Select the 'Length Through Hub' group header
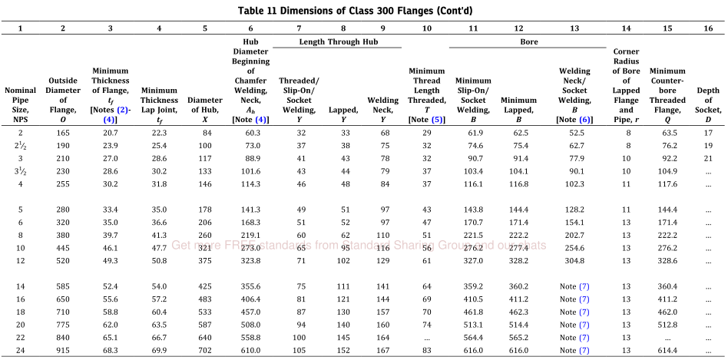339,41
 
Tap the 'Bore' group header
529,41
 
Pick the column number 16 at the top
708,28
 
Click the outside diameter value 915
63,350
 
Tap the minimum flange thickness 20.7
110,133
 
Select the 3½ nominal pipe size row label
21,171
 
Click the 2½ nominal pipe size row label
21,146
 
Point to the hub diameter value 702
205,350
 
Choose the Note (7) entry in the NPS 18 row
574,312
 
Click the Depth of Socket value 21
708,158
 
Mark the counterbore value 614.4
667,350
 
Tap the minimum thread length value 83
427,350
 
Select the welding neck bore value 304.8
574,261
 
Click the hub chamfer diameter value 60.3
250,133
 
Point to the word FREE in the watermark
240,245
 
